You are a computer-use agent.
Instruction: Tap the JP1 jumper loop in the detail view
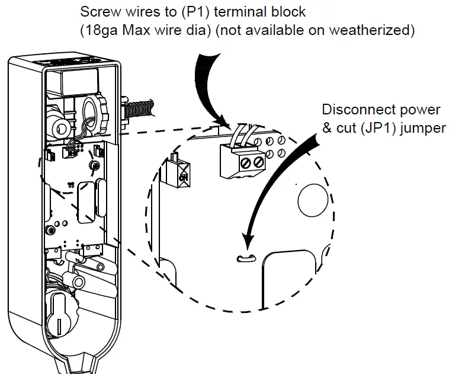pos(243,258)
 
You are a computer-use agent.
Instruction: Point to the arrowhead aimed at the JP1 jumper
pos(248,242)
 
